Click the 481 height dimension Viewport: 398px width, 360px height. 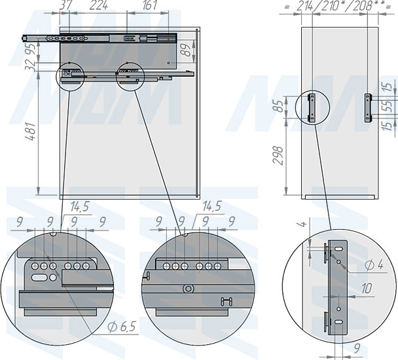point(31,132)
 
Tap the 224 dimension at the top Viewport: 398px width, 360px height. point(98,6)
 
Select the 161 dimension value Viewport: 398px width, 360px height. point(150,6)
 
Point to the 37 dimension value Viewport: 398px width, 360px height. point(65,6)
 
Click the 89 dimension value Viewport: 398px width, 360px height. point(187,50)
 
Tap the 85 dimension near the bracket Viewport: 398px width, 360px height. point(280,107)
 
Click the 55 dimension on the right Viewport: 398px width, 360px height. point(388,106)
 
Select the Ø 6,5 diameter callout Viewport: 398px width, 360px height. point(122,327)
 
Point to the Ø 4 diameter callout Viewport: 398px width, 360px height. point(374,265)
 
